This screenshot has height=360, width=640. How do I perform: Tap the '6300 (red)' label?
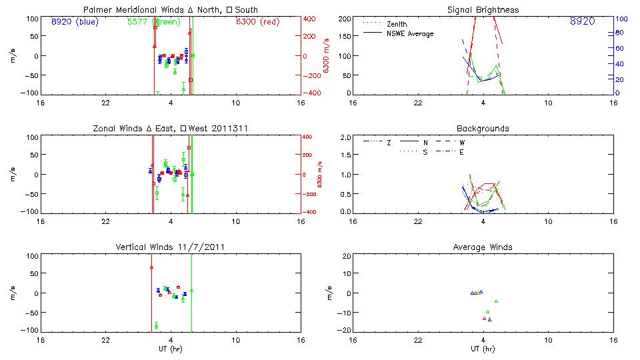257,21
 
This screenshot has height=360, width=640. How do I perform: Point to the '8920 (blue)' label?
74,21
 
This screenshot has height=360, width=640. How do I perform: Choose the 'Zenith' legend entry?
397,24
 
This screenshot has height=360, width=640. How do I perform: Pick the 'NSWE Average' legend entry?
410,33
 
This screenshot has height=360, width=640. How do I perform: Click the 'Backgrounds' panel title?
483,129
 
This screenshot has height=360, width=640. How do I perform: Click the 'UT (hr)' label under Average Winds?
483,349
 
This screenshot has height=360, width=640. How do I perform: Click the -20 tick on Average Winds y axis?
345,330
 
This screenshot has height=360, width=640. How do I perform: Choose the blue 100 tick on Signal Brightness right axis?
620,19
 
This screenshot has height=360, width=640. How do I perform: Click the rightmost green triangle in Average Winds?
496,301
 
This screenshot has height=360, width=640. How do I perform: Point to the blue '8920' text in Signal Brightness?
582,21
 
